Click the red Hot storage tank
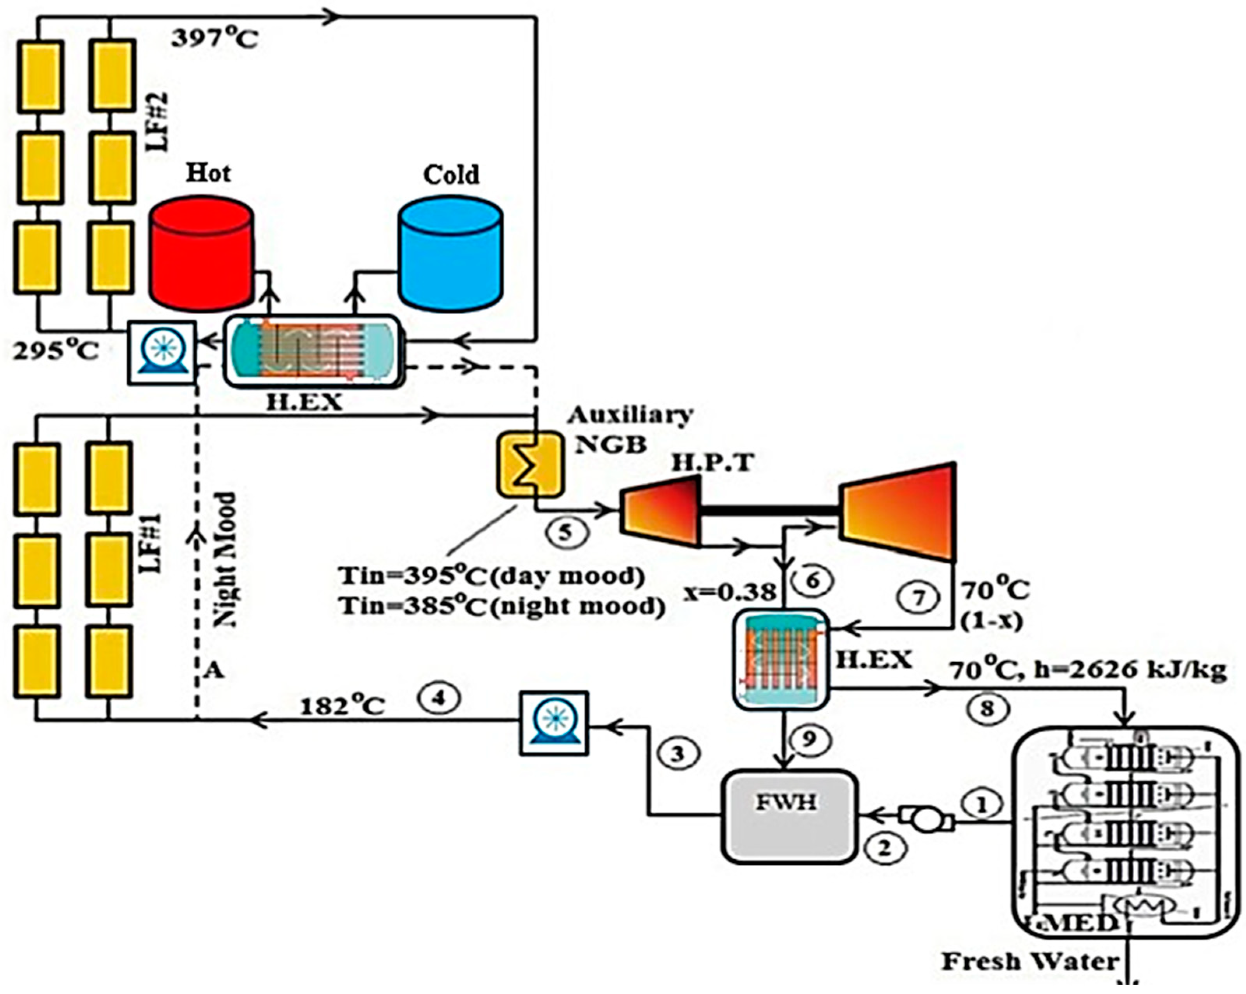201,254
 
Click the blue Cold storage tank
451,254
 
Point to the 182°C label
342,706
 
